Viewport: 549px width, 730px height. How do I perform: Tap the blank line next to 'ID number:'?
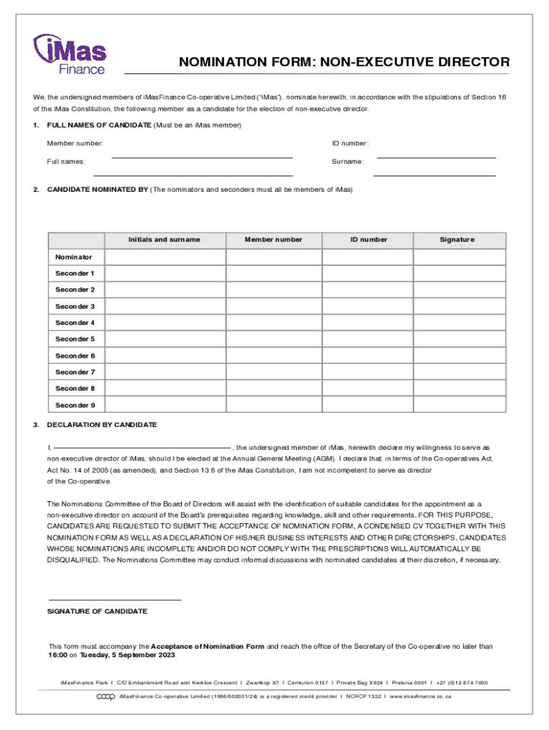pos(436,157)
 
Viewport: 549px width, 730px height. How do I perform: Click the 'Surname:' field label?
pos(347,162)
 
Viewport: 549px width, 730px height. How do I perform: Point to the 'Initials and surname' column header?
pos(164,240)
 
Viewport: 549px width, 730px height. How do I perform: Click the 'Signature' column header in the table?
pos(457,240)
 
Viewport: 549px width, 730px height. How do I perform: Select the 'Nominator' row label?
pos(73,257)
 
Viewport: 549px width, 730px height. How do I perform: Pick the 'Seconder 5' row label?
pos(75,339)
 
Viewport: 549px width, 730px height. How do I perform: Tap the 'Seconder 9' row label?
pos(75,405)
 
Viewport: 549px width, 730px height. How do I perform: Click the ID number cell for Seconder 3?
pos(368,307)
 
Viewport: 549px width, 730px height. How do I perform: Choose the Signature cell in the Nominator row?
pos(459,257)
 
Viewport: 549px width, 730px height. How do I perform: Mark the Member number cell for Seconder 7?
pos(273,372)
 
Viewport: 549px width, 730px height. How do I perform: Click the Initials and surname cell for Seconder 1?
pos(164,274)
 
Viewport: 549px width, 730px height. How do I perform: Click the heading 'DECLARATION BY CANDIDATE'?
pos(101,425)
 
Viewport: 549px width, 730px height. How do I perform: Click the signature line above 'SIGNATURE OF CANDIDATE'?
pos(114,600)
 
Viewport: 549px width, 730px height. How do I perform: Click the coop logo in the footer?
pos(106,696)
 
